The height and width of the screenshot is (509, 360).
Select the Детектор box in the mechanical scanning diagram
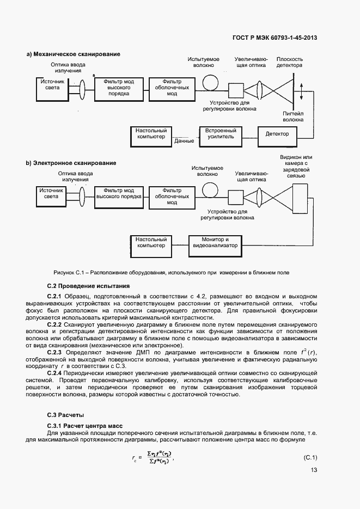pos(277,134)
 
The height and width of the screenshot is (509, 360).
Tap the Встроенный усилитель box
pos(220,134)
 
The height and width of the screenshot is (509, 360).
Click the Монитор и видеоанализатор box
pos(215,242)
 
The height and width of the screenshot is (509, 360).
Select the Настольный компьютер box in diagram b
pos(151,242)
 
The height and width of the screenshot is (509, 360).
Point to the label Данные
pos(184,141)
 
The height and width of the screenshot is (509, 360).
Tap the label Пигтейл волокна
pos(293,116)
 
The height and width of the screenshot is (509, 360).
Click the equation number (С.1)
pos(310,457)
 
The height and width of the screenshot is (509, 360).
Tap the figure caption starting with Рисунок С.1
pos(172,272)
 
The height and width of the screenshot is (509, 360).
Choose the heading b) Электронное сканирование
pos(71,163)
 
